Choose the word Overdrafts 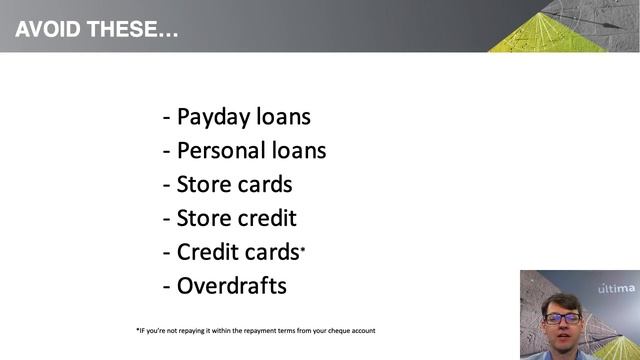(231, 286)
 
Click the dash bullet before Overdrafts (166, 287)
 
